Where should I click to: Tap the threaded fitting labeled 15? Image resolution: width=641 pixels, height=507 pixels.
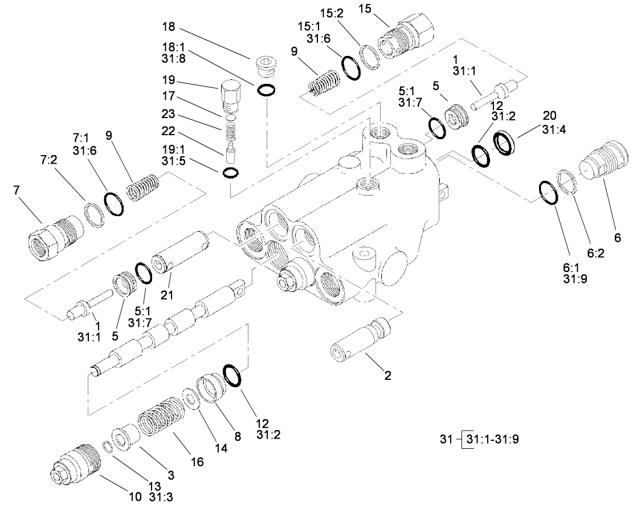406,40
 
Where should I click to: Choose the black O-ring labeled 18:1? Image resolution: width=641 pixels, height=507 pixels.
267,90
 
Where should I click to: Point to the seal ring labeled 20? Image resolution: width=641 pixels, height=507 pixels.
505,143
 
